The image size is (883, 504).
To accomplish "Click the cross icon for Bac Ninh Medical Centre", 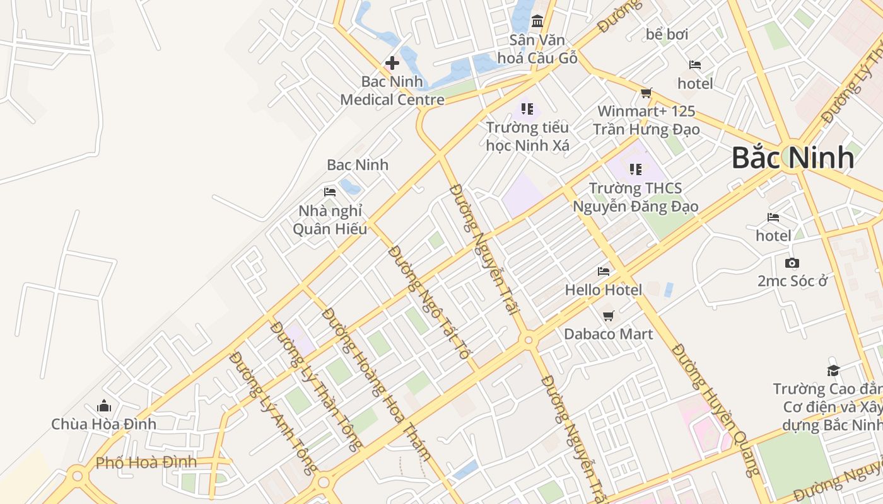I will [x=392, y=62].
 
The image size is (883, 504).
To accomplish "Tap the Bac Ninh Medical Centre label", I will [x=392, y=91].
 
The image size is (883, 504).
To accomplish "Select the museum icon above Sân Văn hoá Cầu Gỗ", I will [x=537, y=21].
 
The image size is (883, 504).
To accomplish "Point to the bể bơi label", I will [x=667, y=34].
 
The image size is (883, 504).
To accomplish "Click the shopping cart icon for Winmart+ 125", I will [x=646, y=93].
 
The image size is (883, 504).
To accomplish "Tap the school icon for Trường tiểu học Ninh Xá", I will [x=527, y=109].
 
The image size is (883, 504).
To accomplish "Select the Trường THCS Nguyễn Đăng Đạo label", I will [x=635, y=197].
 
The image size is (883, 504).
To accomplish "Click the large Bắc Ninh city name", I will [x=793, y=157].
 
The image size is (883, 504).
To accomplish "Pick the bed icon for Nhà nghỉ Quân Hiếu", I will [x=330, y=192].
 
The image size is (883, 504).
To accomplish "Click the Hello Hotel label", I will [x=604, y=290].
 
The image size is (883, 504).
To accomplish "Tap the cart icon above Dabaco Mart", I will [x=608, y=316].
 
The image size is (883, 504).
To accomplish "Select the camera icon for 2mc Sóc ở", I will [x=792, y=263].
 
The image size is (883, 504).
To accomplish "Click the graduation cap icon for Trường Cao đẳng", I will [x=834, y=370].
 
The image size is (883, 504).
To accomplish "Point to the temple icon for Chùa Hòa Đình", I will [x=104, y=406].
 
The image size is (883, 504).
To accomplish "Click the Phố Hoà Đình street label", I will [x=146, y=462].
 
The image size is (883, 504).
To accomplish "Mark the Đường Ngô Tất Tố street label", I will [x=430, y=302].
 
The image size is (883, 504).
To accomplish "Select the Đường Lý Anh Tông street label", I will [x=274, y=413].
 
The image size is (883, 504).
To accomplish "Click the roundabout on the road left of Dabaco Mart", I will [x=529, y=340].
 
